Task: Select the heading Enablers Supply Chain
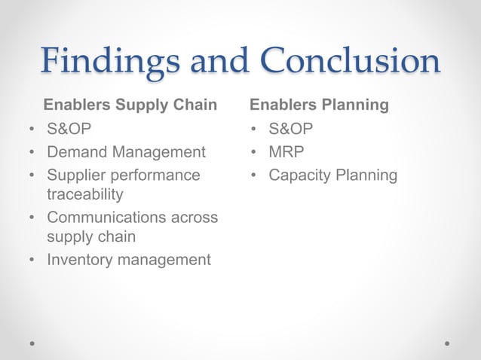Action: point(130,104)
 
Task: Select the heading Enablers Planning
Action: point(320,104)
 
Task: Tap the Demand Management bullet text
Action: point(126,152)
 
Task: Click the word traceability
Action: point(84,194)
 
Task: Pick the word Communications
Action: point(106,218)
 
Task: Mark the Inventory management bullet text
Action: point(129,260)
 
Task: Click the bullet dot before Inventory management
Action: point(32,261)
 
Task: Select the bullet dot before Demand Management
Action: point(32,153)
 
